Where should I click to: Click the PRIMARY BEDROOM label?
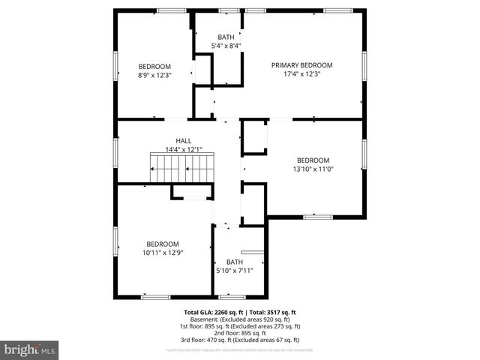(301, 65)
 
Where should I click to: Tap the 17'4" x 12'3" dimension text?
(301, 74)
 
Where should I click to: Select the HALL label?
(183, 140)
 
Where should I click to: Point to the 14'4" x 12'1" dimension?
(183, 149)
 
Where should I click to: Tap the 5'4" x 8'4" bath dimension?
(226, 46)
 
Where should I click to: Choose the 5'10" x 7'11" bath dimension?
(235, 271)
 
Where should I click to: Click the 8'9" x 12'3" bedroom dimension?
(154, 75)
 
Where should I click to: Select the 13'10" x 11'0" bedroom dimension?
(313, 169)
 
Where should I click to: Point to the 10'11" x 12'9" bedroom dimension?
(163, 253)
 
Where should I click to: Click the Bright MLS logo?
(30, 349)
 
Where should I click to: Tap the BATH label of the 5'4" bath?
(226, 37)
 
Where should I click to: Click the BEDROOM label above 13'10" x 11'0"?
(313, 160)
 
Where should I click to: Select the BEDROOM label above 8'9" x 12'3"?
(154, 66)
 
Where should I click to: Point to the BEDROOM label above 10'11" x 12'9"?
(163, 244)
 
